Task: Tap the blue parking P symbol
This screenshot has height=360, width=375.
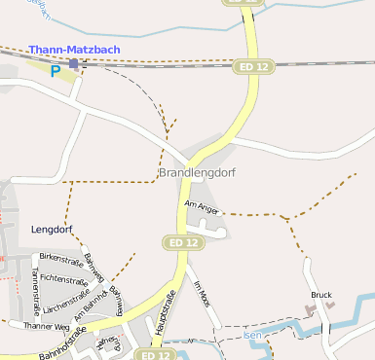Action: (56, 70)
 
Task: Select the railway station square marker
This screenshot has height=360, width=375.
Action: (73, 63)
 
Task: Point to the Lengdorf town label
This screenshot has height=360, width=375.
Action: (53, 231)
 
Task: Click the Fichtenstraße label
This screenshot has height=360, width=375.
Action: (65, 278)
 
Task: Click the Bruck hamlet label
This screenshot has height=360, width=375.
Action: (321, 294)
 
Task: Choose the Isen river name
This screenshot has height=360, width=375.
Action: (252, 335)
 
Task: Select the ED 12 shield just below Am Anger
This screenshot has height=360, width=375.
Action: (183, 241)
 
